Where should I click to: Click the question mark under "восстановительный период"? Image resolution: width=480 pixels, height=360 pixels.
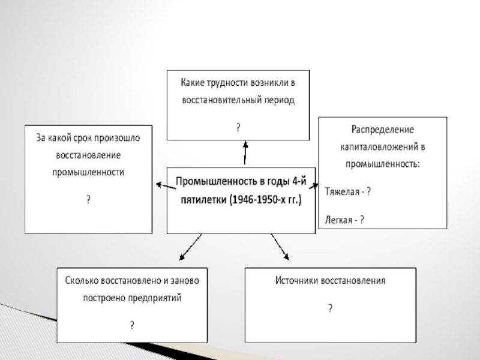[x=238, y=127]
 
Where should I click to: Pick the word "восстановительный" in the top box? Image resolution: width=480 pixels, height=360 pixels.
[x=221, y=100]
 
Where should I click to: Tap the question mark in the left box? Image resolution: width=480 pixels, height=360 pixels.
[x=88, y=199]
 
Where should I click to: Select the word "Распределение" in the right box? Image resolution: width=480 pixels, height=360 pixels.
[x=382, y=129]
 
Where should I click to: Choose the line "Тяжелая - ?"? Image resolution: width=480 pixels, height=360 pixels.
[x=348, y=192]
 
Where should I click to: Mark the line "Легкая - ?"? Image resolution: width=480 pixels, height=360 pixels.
[x=344, y=220]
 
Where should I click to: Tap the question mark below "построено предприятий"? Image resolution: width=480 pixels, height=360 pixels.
[x=132, y=325]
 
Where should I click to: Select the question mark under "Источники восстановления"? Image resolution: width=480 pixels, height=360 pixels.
[x=330, y=308]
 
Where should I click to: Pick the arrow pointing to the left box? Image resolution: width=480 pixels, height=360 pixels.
[x=164, y=187]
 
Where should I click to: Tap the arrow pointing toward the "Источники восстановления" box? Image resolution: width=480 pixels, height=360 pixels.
[x=280, y=247]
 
